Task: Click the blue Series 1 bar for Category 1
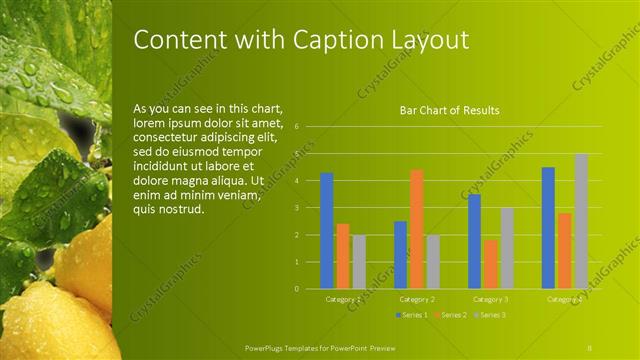tap(326, 231)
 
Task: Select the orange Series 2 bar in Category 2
tap(416, 229)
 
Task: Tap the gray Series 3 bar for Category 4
tap(581, 221)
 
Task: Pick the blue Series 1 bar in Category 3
tap(474, 241)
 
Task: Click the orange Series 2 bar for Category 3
tap(491, 264)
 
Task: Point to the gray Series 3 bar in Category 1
tap(359, 262)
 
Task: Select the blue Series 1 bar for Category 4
tap(548, 228)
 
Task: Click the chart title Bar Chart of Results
tap(449, 110)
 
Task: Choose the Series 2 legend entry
tap(449, 315)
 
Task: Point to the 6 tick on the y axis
tap(297, 127)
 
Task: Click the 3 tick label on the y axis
tap(297, 208)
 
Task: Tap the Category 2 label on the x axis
tap(417, 298)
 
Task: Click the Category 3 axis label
tap(491, 298)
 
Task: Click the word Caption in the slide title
tap(337, 40)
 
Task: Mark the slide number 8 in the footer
tap(590, 346)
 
